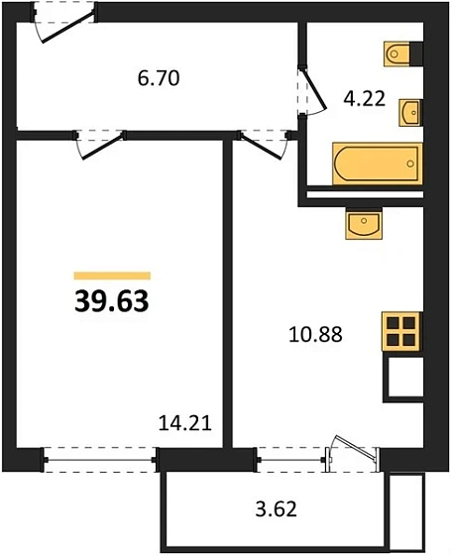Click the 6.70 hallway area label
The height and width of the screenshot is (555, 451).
click(159, 78)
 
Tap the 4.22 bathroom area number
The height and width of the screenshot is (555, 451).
click(364, 99)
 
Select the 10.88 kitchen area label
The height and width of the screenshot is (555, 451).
click(315, 335)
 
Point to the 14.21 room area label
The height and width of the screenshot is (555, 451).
click(184, 423)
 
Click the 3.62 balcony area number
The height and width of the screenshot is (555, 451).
click(276, 509)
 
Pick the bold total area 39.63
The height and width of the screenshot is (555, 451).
click(111, 301)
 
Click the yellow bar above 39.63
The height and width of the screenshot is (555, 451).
click(112, 276)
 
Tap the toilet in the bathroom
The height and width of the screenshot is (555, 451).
click(397, 55)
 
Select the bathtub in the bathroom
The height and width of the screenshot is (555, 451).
click(378, 164)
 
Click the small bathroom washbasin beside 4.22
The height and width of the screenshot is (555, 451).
click(410, 113)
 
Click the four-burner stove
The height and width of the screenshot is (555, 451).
click(401, 332)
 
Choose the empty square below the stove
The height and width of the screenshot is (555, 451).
click(404, 378)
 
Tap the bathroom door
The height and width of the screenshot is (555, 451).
click(311, 90)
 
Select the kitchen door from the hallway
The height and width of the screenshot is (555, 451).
click(264, 145)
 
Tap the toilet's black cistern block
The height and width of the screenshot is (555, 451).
click(416, 54)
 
